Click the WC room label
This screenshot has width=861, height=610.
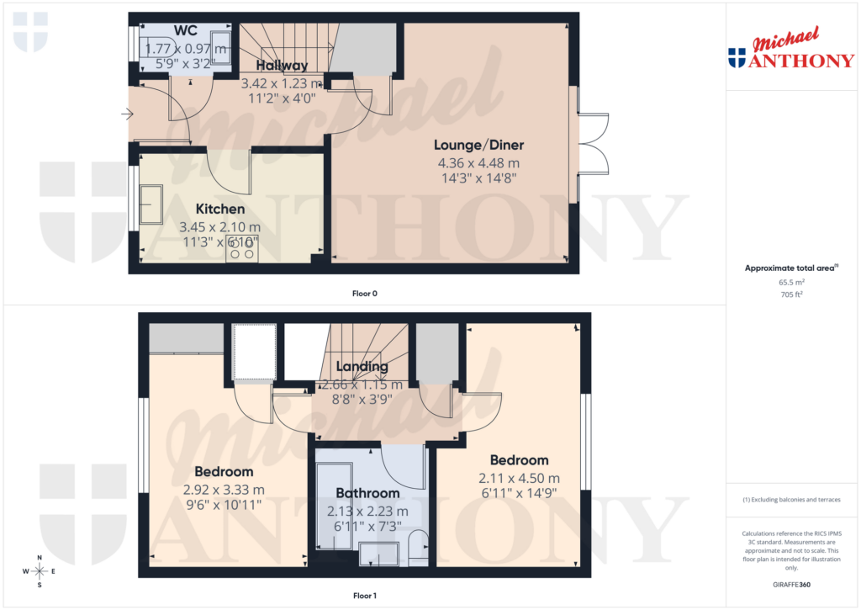[185, 31]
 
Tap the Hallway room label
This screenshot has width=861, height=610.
[282, 65]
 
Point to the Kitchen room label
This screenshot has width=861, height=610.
[220, 209]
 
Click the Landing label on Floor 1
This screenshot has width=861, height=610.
[362, 367]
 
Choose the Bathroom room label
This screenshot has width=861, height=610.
[367, 493]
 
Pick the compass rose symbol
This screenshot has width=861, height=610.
[40, 570]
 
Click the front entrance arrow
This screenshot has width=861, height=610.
[126, 114]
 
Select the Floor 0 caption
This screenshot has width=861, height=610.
[364, 294]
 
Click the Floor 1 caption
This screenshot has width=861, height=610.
[364, 596]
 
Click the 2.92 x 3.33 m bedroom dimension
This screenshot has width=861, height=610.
[224, 490]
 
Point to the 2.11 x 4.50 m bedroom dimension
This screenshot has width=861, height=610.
[519, 478]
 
